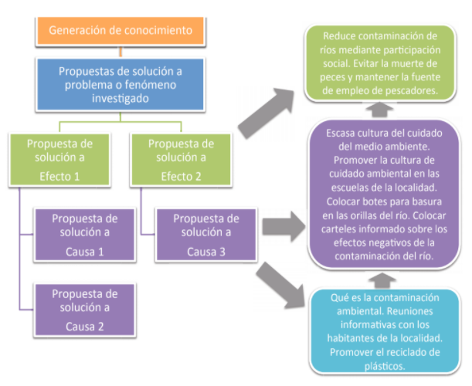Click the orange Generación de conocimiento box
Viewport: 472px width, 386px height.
(121, 31)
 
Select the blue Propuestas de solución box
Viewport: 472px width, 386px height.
(121, 85)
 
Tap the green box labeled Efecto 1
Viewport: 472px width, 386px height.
(59, 160)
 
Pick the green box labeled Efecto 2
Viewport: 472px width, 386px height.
(181, 160)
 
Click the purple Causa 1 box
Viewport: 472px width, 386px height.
(84, 235)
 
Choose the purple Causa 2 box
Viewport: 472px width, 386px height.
(84, 310)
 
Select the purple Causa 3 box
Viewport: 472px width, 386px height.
(206, 235)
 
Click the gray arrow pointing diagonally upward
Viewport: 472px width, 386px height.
(266, 113)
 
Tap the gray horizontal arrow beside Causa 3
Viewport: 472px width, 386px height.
(284, 226)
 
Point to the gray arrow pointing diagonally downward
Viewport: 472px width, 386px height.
(280, 285)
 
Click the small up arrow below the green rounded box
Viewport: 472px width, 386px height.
(380, 110)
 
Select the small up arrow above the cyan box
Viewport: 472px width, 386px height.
(382, 280)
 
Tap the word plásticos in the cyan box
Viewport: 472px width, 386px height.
(385, 366)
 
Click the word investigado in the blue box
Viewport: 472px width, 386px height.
(121, 99)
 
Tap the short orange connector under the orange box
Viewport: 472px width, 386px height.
(121, 52)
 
